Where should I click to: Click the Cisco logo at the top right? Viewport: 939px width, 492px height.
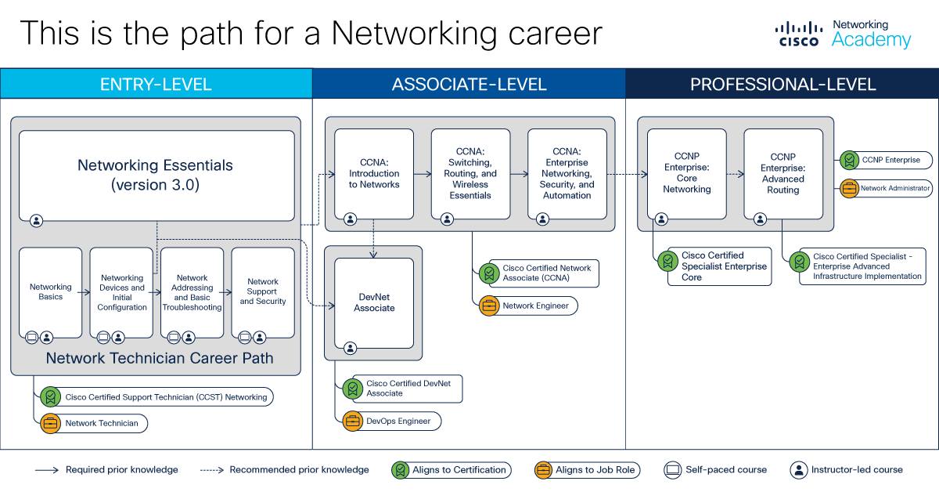[799, 34]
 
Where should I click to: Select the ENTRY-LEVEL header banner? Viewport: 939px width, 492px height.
[156, 84]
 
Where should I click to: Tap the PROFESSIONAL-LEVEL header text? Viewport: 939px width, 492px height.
[782, 85]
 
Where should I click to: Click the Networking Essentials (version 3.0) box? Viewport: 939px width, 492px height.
[156, 175]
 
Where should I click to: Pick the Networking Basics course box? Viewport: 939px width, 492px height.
[50, 292]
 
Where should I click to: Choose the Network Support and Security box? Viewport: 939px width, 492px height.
[263, 292]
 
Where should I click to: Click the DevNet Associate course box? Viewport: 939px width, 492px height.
[374, 302]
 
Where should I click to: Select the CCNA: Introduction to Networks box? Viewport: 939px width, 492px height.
[374, 174]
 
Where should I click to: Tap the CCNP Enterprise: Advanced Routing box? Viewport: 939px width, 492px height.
[783, 174]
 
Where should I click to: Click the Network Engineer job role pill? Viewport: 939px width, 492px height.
[529, 306]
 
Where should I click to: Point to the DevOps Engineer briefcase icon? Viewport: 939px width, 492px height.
[353, 421]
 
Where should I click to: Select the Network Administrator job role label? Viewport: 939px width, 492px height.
[895, 188]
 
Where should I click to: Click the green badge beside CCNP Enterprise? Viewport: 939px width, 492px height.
[850, 161]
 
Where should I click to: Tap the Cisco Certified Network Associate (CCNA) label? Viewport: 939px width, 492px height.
[547, 273]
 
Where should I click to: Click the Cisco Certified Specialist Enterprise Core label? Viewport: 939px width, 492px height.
[724, 266]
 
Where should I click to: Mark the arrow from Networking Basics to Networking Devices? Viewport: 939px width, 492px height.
[84, 292]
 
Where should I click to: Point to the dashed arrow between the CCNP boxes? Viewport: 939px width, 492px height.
[735, 174]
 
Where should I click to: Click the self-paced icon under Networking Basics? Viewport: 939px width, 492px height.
[32, 337]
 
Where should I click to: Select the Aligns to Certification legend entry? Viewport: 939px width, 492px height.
[452, 470]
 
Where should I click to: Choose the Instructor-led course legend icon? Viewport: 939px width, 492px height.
[799, 470]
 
